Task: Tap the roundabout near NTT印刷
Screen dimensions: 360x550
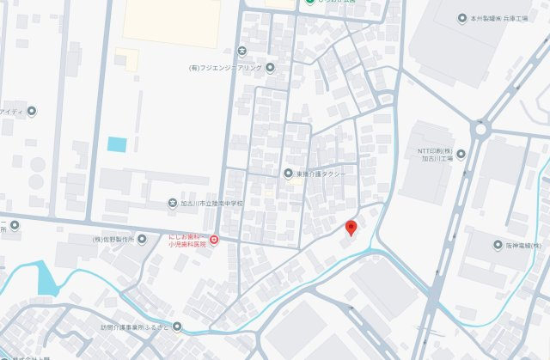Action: pyautogui.click(x=480, y=130)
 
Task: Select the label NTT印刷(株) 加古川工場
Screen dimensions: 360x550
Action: pyautogui.click(x=431, y=154)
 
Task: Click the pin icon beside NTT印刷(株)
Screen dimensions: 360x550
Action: pyautogui.click(x=461, y=155)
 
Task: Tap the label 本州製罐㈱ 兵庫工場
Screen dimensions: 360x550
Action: pyautogui.click(x=496, y=17)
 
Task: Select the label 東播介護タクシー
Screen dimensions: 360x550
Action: pyautogui.click(x=320, y=174)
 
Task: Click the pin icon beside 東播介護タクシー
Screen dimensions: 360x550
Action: pyautogui.click(x=289, y=174)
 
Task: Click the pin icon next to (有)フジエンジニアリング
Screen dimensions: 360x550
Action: pyautogui.click(x=270, y=68)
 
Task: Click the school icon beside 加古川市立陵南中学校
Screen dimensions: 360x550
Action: pyautogui.click(x=173, y=204)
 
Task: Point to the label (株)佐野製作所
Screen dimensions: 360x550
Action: pyautogui.click(x=113, y=240)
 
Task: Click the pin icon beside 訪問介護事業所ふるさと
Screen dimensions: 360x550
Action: pyautogui.click(x=177, y=326)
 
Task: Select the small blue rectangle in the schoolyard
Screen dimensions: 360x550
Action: pyautogui.click(x=117, y=144)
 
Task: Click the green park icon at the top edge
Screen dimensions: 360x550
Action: pyautogui.click(x=309, y=3)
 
